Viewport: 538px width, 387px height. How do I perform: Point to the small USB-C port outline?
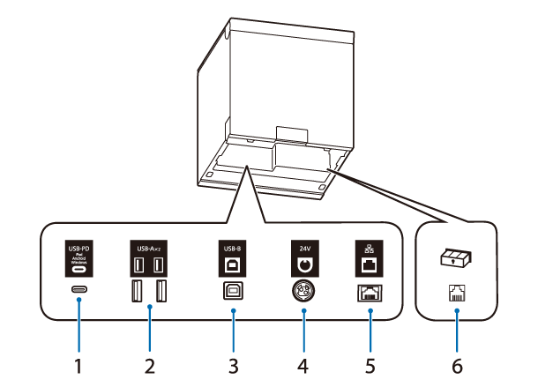tap(78, 289)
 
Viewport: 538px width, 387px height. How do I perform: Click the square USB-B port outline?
tap(233, 290)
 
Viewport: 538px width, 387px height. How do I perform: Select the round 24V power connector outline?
tap(304, 290)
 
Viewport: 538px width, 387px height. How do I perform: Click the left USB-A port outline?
tap(138, 291)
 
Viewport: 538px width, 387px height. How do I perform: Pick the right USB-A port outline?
tap(161, 291)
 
